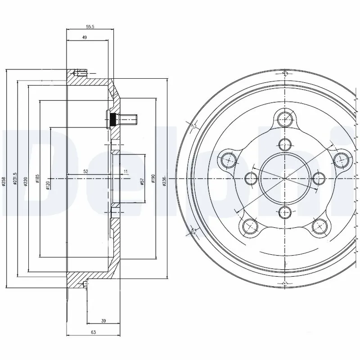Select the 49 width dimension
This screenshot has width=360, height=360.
click(84, 38)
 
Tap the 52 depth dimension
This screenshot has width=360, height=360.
click(85, 171)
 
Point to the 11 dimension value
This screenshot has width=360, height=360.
click(126, 171)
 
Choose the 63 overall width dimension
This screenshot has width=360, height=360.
click(94, 333)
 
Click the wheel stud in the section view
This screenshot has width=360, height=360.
click(124, 120)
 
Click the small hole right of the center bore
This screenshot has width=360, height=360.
click(319, 178)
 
